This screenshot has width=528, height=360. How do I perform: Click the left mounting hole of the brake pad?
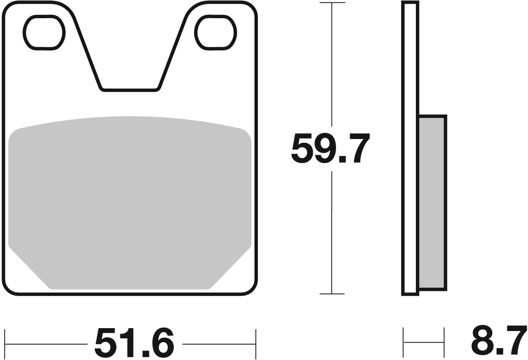44,32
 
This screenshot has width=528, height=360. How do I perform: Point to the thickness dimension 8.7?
498,341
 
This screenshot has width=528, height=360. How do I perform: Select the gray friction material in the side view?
432,203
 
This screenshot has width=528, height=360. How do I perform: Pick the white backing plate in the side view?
410,149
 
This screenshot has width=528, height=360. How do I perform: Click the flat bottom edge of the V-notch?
130,89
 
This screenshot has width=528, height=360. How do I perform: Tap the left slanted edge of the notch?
88,54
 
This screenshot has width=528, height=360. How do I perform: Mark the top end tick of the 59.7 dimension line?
331,3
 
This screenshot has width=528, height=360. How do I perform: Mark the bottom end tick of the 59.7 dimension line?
331,294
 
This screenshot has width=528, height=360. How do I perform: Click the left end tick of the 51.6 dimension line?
5,343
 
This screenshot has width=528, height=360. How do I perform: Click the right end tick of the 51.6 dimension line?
256,343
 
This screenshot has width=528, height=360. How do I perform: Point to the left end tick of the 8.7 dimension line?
404,342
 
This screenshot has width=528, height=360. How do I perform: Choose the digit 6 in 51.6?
159,343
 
